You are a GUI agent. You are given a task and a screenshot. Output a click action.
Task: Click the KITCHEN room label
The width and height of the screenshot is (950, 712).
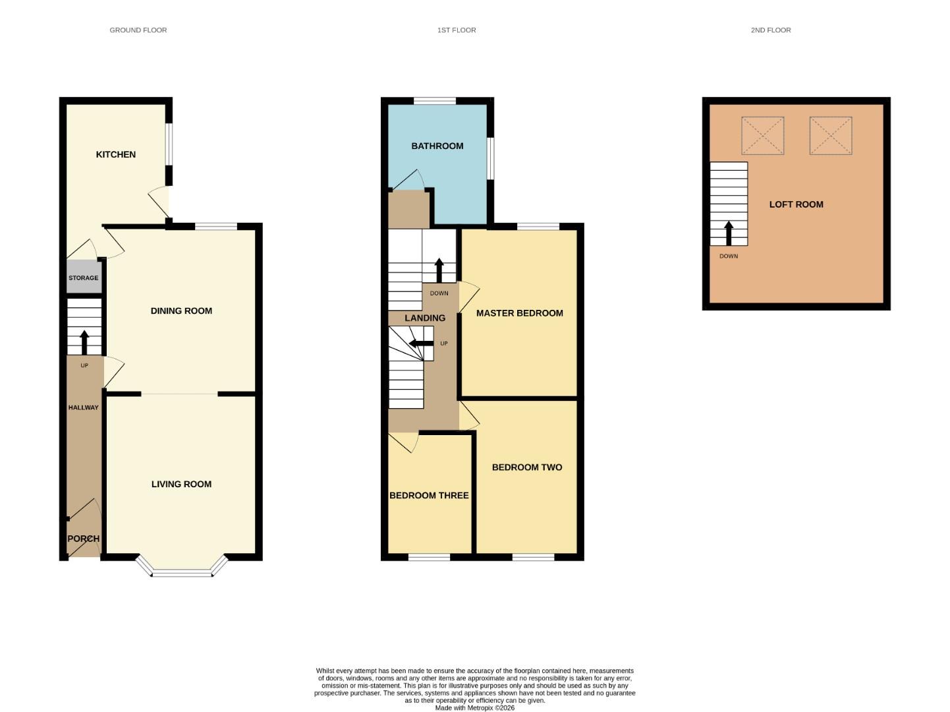tap(116, 154)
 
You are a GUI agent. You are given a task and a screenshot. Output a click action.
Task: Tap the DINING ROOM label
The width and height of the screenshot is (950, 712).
tap(181, 311)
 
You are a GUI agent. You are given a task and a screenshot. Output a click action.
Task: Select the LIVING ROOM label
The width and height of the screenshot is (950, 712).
tap(181, 484)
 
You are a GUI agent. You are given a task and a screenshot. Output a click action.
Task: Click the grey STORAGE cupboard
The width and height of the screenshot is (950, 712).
tap(84, 278)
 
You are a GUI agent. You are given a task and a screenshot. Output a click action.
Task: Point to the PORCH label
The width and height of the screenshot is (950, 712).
tap(84, 539)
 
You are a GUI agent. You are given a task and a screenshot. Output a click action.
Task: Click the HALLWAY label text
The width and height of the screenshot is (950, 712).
tap(84, 407)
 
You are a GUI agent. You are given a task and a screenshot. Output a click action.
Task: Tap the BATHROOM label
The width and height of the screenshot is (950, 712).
tap(437, 146)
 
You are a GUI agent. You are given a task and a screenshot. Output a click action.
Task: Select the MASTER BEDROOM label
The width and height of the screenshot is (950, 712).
tap(520, 313)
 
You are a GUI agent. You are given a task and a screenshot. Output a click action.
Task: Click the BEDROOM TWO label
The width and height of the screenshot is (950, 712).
tap(527, 467)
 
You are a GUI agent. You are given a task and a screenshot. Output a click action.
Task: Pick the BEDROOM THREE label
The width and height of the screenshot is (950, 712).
tap(429, 495)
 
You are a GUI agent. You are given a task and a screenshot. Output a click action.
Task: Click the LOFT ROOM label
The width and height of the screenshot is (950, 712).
tap(796, 204)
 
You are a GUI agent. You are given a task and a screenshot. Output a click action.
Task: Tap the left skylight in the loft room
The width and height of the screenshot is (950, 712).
tap(763, 136)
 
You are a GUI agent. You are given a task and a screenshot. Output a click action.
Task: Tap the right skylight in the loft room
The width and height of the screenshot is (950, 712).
tap(831, 136)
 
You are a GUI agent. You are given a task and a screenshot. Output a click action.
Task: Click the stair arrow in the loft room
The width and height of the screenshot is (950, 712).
tap(729, 233)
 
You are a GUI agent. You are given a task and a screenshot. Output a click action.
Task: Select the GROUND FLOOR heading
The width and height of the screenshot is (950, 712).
tap(138, 30)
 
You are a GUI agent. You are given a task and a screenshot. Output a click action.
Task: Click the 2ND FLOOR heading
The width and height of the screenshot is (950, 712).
tap(771, 30)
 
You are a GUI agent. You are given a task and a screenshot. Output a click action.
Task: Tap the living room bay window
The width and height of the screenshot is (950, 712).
tap(182, 571)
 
